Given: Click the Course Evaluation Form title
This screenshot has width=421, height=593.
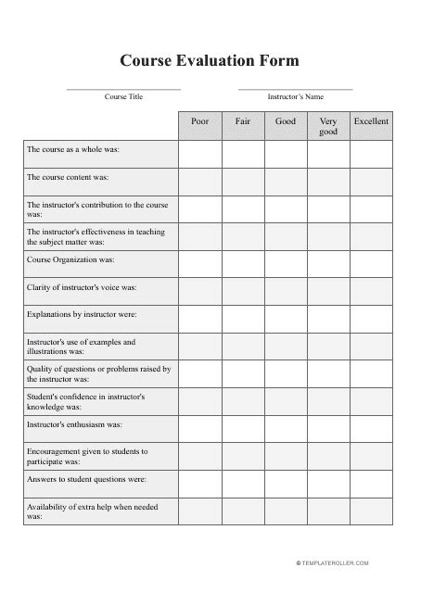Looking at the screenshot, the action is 210,61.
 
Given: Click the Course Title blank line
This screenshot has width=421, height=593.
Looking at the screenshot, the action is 123,89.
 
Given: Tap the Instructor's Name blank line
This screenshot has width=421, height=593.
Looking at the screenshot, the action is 296,89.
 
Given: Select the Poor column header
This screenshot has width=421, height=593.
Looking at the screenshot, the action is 200,122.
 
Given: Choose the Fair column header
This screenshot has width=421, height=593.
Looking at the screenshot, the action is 243,122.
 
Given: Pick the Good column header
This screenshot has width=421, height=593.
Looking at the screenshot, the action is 286,122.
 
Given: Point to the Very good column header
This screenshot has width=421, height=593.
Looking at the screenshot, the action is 328,127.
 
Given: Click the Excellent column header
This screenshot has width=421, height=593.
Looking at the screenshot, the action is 371,122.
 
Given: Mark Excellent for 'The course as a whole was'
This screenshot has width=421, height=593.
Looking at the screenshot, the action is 371,154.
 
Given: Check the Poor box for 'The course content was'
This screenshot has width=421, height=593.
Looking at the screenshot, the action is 200,182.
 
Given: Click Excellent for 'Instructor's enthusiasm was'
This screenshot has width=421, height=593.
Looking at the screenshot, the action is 371,430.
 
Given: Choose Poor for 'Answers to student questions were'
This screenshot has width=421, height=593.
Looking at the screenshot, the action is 200,485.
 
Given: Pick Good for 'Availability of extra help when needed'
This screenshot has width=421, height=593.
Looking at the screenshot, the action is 286,512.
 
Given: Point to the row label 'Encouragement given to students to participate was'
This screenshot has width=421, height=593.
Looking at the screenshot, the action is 87,457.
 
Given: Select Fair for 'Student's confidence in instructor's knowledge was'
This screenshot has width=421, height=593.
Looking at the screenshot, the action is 243,402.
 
